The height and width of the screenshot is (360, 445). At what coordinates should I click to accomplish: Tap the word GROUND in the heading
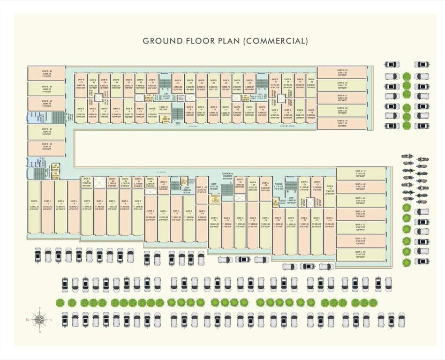[x=163, y=41]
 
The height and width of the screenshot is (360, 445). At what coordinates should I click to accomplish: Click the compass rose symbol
[x=40, y=319]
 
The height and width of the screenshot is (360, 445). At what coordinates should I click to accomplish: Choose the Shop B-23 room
[x=342, y=73]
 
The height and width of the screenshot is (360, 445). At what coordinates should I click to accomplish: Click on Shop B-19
[x=342, y=123]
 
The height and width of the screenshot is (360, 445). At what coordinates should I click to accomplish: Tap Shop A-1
[x=34, y=207]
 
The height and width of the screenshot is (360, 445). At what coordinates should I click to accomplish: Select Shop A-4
[x=74, y=207]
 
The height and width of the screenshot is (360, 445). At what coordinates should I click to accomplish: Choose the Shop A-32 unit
[x=329, y=190]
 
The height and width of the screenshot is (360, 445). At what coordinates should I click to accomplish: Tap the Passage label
[x=279, y=186]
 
